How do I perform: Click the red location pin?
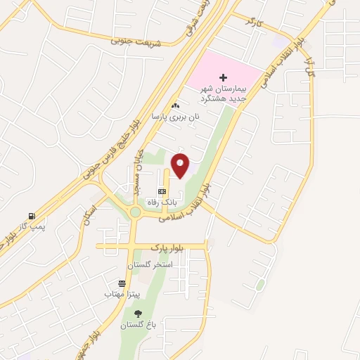(x=181, y=165)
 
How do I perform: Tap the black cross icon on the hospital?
(x=224, y=77)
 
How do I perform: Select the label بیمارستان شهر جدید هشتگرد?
(x=224, y=92)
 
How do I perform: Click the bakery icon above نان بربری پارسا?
(x=175, y=105)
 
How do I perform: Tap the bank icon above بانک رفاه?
(x=162, y=191)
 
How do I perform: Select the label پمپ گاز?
(x=32, y=226)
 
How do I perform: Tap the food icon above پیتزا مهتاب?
(x=122, y=283)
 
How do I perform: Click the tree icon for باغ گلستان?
(x=137, y=314)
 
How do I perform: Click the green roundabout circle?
(x=135, y=212)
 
